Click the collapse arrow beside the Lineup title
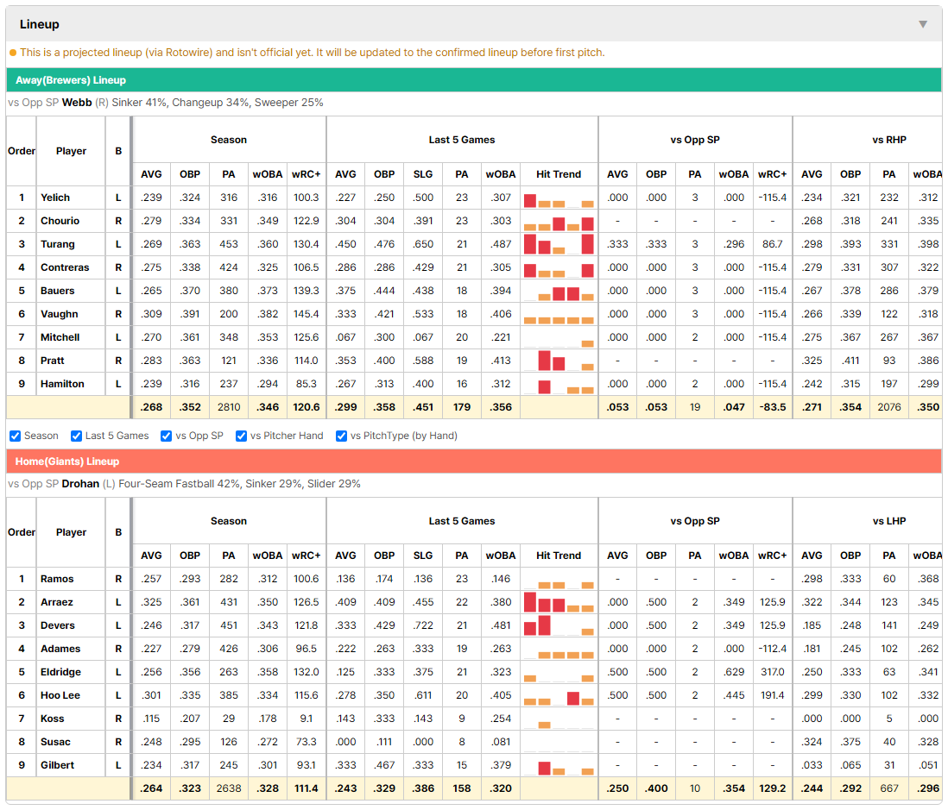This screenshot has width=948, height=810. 923,24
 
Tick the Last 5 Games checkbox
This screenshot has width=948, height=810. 76,436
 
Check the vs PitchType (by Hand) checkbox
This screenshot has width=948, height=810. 342,436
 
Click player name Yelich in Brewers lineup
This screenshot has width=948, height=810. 55,198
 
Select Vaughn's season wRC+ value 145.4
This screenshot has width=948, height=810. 306,314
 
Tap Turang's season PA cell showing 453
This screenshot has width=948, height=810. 229,244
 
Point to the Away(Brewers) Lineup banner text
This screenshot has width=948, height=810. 71,80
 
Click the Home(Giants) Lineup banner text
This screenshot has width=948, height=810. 67,462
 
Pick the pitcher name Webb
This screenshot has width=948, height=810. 77,103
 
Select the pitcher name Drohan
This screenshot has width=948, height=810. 80,484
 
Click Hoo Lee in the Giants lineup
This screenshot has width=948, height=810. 60,695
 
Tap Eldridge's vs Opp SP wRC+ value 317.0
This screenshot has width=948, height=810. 772,672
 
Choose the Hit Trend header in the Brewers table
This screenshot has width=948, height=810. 559,174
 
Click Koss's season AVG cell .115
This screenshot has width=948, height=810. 151,719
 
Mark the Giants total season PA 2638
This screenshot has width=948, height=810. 229,788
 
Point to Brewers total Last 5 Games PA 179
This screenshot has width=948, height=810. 462,408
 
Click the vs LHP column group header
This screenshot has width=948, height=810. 888,521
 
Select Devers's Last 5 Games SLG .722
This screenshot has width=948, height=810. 423,625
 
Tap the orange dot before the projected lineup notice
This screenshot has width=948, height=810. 13,53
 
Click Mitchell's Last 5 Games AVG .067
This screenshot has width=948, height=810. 345,337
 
